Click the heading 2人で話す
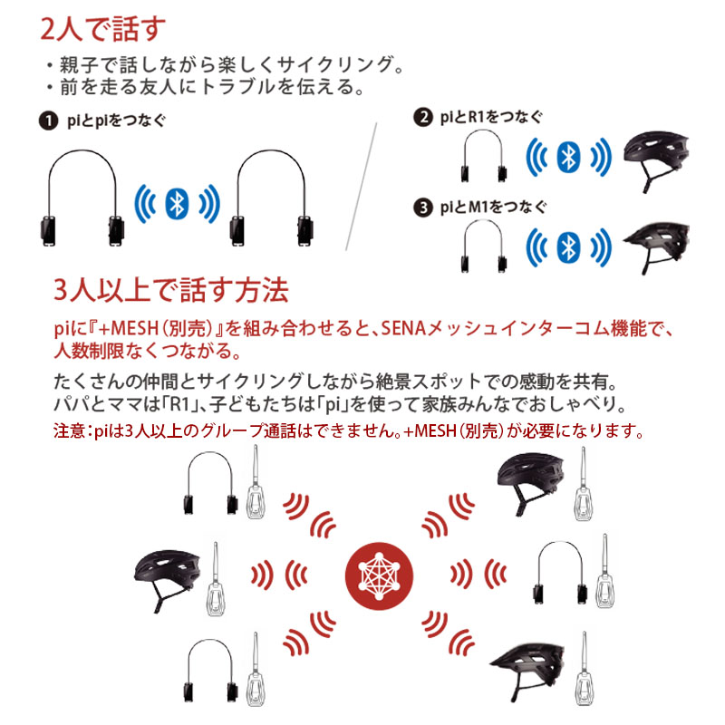[102, 29]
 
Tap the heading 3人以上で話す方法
[171, 290]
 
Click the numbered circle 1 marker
[48, 121]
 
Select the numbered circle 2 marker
[423, 117]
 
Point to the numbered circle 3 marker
[423, 208]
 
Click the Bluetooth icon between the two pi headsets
[177, 203]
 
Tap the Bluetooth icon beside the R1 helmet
[569, 157]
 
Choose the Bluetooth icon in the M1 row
[569, 247]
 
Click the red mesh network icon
[379, 576]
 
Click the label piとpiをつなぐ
[117, 121]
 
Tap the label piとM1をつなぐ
[493, 208]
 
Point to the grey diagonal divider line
[361, 187]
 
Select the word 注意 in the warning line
[69, 431]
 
